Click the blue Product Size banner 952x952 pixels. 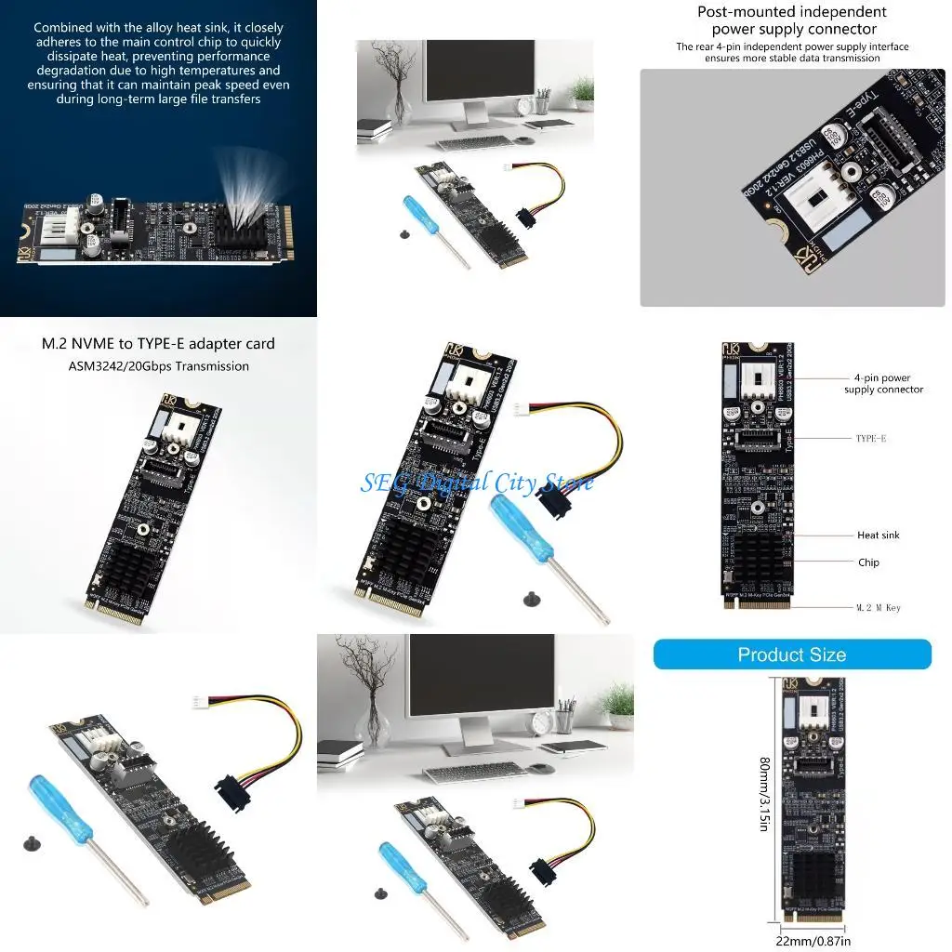tap(792, 654)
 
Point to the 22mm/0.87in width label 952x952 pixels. tap(813, 941)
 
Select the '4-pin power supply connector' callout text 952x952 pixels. tap(883, 384)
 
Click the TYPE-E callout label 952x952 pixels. tap(871, 438)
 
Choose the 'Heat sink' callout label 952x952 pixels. tap(878, 535)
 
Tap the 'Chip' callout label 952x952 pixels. tap(867, 562)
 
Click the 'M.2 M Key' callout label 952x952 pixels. tap(878, 608)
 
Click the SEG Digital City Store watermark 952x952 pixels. tap(476, 483)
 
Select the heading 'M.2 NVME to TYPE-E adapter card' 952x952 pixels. tap(158, 344)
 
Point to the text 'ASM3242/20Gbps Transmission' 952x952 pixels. tap(158, 366)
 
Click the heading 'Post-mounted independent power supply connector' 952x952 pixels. tap(792, 20)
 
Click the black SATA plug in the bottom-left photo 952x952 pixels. tap(238, 793)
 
